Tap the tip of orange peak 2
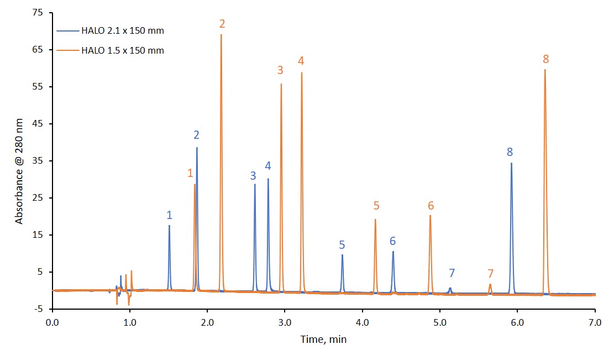(221, 35)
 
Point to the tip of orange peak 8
(545, 70)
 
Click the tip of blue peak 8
(511, 163)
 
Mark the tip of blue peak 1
(169, 226)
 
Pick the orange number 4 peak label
(301, 60)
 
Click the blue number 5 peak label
(342, 244)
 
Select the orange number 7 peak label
(490, 274)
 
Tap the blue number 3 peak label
(253, 176)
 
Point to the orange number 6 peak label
(431, 206)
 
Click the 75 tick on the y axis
(40, 13)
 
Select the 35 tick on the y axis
(40, 161)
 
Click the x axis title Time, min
(323, 340)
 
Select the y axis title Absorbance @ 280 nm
(19, 171)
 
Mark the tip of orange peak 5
(375, 220)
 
